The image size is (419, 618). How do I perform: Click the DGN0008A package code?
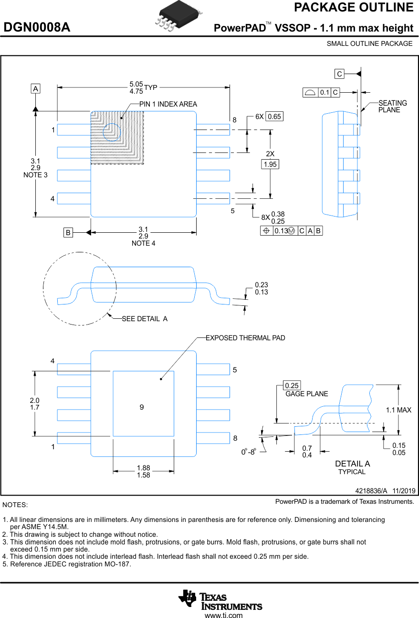(x=37, y=28)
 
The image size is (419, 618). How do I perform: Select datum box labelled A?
(x=35, y=88)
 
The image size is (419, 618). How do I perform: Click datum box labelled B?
(x=68, y=233)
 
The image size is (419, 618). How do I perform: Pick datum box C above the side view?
(x=339, y=74)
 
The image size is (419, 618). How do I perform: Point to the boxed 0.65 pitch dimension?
(x=274, y=117)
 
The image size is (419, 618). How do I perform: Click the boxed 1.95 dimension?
(x=270, y=164)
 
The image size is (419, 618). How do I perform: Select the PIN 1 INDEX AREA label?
(x=168, y=104)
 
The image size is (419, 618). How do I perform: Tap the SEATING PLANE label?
(x=392, y=107)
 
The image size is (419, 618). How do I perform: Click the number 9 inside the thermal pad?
(x=142, y=407)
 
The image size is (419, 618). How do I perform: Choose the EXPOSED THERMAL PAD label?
(x=245, y=338)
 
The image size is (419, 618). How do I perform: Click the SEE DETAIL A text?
(x=145, y=319)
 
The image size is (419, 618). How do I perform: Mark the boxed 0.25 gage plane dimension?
(x=291, y=386)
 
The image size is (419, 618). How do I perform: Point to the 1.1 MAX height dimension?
(x=398, y=410)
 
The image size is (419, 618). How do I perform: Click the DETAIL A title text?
(x=352, y=464)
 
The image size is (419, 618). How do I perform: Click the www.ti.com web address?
(x=223, y=615)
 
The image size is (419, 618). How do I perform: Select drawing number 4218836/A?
(x=371, y=491)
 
